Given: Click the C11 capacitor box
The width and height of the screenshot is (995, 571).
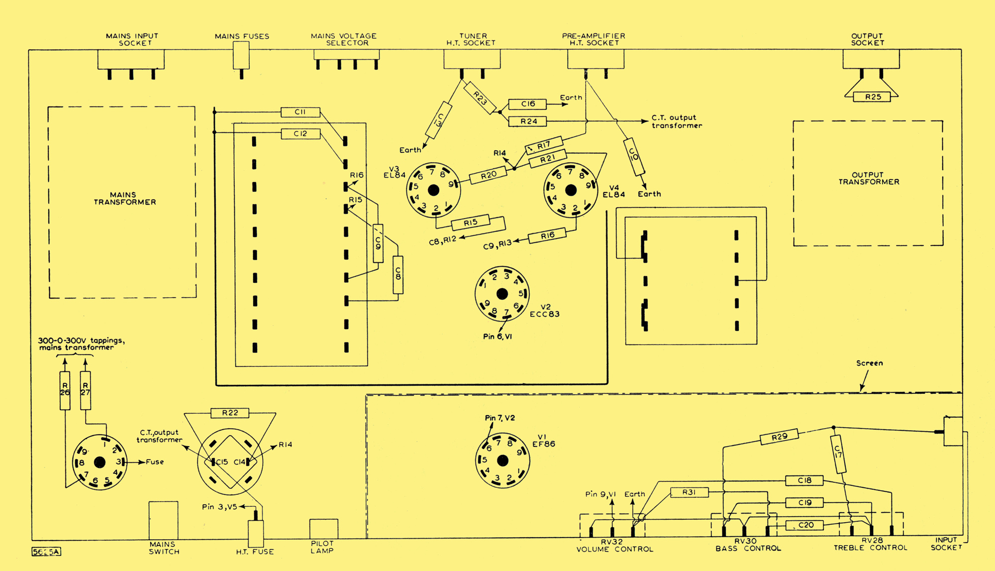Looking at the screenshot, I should point(300,112).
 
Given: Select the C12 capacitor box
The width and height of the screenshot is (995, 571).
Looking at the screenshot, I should point(300,134).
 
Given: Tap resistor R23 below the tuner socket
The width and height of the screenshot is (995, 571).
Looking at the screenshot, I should point(480,98).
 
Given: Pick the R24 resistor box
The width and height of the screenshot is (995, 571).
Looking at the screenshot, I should point(527,121).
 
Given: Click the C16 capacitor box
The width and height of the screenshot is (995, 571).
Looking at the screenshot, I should point(527,104).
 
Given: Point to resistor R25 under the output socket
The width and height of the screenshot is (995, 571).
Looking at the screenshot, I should point(873,97).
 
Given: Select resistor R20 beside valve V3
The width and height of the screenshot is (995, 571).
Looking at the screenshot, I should point(488,175).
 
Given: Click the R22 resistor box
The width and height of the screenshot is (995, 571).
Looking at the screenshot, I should point(229,413).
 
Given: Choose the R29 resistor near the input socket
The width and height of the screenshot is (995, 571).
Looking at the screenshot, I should point(779,437).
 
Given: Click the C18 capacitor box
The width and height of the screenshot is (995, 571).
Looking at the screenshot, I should point(804,480).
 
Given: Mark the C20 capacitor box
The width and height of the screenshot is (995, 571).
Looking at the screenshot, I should point(804,525).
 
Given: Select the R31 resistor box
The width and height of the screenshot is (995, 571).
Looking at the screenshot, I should point(689,492).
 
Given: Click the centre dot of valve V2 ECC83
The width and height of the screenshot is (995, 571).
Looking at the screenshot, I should point(502,294).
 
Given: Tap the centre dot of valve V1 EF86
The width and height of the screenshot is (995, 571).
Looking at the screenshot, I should point(502,461).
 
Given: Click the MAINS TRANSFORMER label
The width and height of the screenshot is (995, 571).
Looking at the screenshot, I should point(124,199).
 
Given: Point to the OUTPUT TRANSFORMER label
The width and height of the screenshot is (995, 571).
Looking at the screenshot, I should point(869,178).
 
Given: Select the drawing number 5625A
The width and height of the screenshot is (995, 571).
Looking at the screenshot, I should point(46,552).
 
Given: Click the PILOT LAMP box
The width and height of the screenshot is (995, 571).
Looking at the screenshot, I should point(323,529).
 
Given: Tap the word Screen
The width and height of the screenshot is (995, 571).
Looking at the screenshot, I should point(869,363).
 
